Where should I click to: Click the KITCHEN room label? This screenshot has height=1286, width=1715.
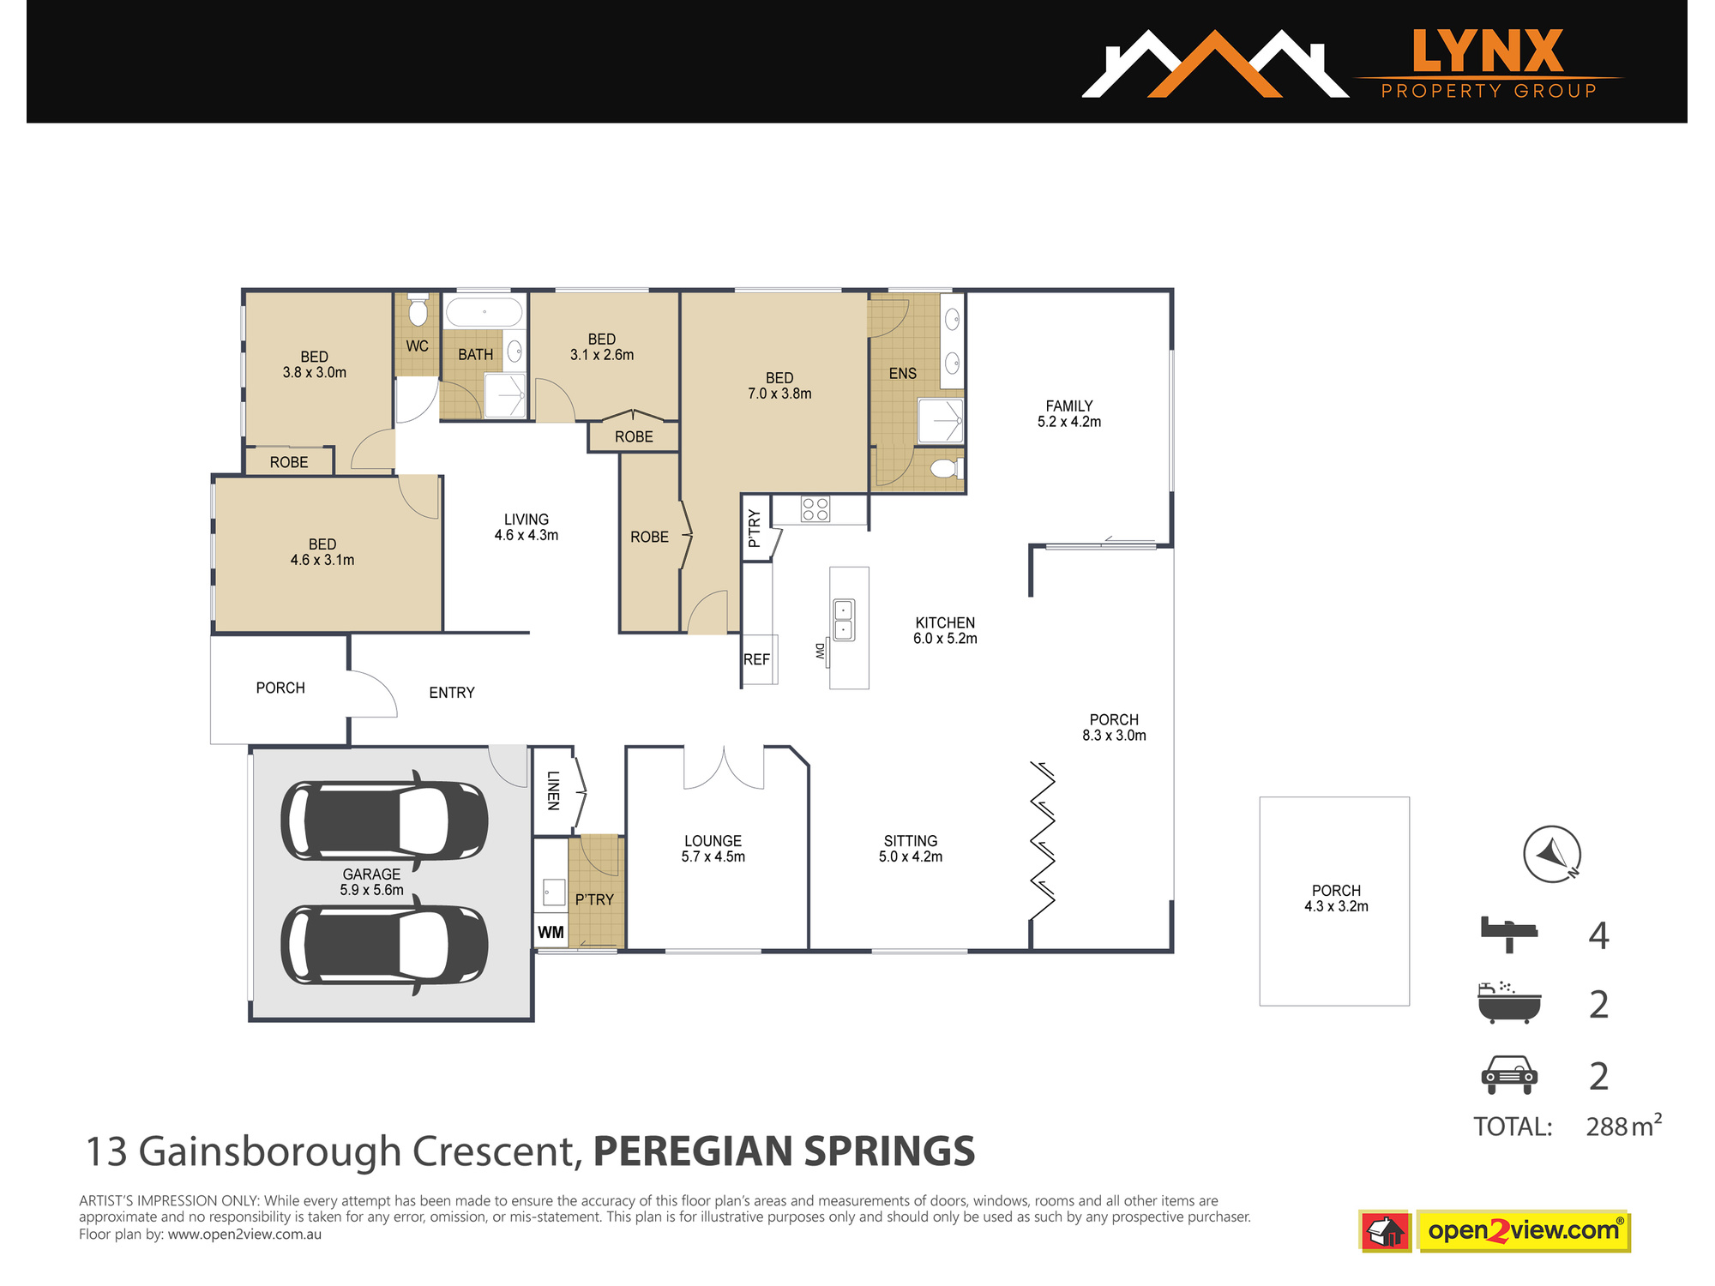(x=945, y=623)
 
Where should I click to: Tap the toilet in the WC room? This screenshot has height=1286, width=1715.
(x=418, y=309)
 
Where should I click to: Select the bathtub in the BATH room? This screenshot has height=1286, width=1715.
(x=484, y=311)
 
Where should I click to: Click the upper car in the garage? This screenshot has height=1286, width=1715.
(x=384, y=820)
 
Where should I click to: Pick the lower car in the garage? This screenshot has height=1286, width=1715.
(x=384, y=946)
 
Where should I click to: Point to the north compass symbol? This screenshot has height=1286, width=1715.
(x=1552, y=854)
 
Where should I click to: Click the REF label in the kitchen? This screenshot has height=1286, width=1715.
(x=756, y=659)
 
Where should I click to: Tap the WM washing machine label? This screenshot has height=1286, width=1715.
(x=551, y=933)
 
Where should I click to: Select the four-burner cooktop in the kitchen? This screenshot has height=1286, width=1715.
(x=815, y=509)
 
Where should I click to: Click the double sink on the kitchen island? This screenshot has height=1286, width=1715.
(x=844, y=620)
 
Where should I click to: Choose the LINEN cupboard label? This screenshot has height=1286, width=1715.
(x=553, y=790)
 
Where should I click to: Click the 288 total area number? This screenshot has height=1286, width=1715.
(x=1608, y=1127)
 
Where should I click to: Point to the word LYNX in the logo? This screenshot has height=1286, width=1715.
(x=1489, y=51)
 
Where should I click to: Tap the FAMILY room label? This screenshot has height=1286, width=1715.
(x=1069, y=406)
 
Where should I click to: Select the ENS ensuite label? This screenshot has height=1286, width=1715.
(x=903, y=374)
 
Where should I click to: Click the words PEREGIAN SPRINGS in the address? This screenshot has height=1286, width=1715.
(x=785, y=1151)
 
